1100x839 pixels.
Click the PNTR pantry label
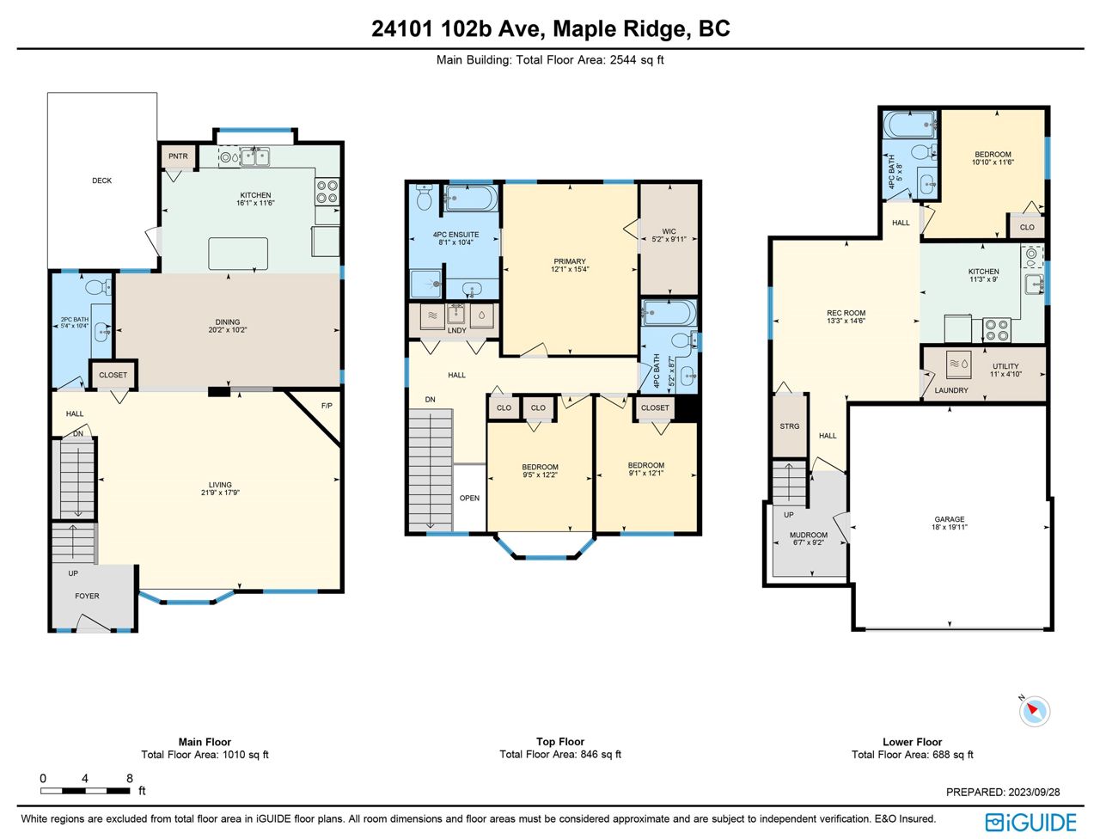point(178,156)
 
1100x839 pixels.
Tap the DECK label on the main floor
point(101,181)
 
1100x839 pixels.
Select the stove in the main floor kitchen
point(327,192)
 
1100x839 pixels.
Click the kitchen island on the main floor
point(238,254)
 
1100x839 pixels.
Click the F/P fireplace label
point(327,406)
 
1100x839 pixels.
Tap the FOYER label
point(87,596)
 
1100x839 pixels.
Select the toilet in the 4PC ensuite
point(424,198)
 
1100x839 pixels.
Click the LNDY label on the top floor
point(456,330)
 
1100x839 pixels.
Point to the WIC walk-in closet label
point(669,231)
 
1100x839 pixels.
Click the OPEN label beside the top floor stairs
point(469,498)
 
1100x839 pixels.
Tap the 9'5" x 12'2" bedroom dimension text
point(540,475)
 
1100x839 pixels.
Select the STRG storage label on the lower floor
point(789,426)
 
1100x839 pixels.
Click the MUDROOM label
point(809,535)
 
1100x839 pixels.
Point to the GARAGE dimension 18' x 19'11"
point(949,527)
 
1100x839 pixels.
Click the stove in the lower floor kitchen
point(997,330)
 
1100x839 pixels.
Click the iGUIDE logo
point(1030,823)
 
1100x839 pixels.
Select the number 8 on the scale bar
point(130,778)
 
